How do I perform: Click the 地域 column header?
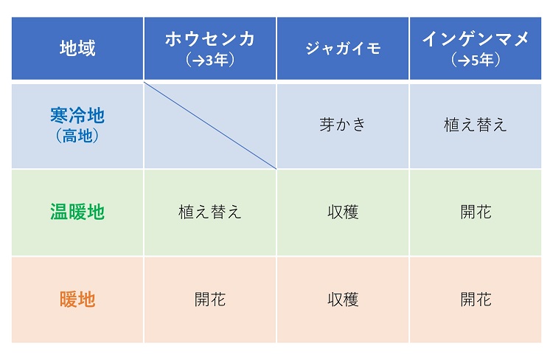click(x=77, y=48)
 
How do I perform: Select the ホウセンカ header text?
click(x=210, y=39)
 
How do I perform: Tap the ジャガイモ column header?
click(x=343, y=49)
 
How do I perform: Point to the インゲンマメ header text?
click(x=476, y=39)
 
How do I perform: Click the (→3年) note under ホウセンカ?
click(x=210, y=60)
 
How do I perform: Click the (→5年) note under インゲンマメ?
click(x=476, y=60)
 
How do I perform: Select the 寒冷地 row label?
click(x=77, y=115)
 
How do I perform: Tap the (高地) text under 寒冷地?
click(x=77, y=136)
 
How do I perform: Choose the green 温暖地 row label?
click(x=77, y=212)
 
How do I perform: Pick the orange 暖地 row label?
click(x=77, y=300)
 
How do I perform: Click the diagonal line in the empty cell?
click(x=210, y=125)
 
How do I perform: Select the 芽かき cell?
click(x=342, y=125)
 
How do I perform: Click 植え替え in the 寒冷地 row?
click(x=476, y=125)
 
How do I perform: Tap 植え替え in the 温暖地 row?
click(x=210, y=212)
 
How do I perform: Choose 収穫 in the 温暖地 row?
click(x=343, y=212)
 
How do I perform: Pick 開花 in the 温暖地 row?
click(x=476, y=212)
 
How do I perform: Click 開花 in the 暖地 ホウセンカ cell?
click(x=210, y=300)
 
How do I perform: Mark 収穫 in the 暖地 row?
click(x=343, y=300)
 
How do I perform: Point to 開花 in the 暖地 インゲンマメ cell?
click(x=476, y=300)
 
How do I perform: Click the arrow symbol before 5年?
click(x=464, y=60)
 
